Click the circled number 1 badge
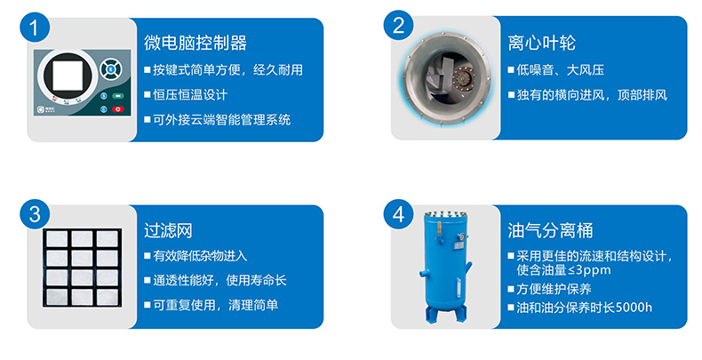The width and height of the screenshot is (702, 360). pyautogui.click(x=35, y=28)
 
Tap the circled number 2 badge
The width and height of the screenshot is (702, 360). pyautogui.click(x=398, y=26)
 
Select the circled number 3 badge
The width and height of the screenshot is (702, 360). pyautogui.click(x=35, y=214)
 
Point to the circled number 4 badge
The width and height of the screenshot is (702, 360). pyautogui.click(x=398, y=214)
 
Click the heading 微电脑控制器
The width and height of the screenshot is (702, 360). pyautogui.click(x=195, y=43)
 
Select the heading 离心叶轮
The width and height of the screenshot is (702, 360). pyautogui.click(x=542, y=43)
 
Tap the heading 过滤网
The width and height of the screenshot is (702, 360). pyautogui.click(x=168, y=230)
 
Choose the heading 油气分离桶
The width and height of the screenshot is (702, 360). pyautogui.click(x=550, y=230)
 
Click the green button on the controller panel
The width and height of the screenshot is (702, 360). pyautogui.click(x=118, y=96)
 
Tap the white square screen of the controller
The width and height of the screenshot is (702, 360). pyautogui.click(x=68, y=76)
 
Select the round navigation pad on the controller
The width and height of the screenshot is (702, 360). pyautogui.click(x=110, y=69)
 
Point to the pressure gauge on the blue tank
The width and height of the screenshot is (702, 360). pyautogui.click(x=461, y=238)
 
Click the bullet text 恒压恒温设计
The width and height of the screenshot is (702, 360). pyautogui.click(x=190, y=95)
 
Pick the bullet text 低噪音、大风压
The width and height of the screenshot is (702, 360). pyautogui.click(x=561, y=70)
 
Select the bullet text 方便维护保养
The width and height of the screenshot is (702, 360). pyautogui.click(x=554, y=289)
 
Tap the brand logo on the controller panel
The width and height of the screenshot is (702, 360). pyautogui.click(x=44, y=108)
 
